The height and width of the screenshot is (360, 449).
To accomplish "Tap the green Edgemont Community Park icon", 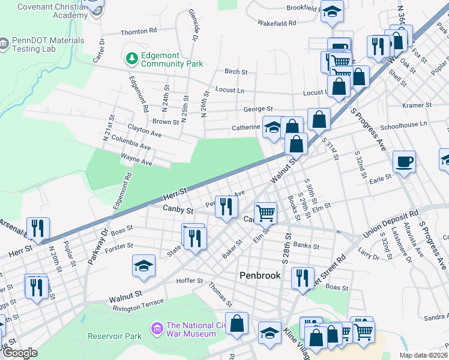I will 131,58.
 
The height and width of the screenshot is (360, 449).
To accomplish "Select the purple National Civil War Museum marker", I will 157,328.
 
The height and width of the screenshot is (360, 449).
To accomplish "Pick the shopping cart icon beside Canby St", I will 265,212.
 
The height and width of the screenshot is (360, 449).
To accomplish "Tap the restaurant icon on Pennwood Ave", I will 226,206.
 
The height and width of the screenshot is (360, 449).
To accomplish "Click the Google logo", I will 19,353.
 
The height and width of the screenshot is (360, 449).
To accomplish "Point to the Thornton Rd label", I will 139,30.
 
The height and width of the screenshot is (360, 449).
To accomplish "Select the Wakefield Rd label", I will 277,23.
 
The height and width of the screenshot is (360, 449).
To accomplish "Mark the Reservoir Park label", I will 115,336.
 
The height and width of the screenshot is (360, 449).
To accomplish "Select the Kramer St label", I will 417,105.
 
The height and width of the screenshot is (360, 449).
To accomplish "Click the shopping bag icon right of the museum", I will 238,323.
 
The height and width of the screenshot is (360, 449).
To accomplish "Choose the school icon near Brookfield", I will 331,11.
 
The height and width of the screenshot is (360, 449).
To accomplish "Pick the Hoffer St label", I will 190,281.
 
